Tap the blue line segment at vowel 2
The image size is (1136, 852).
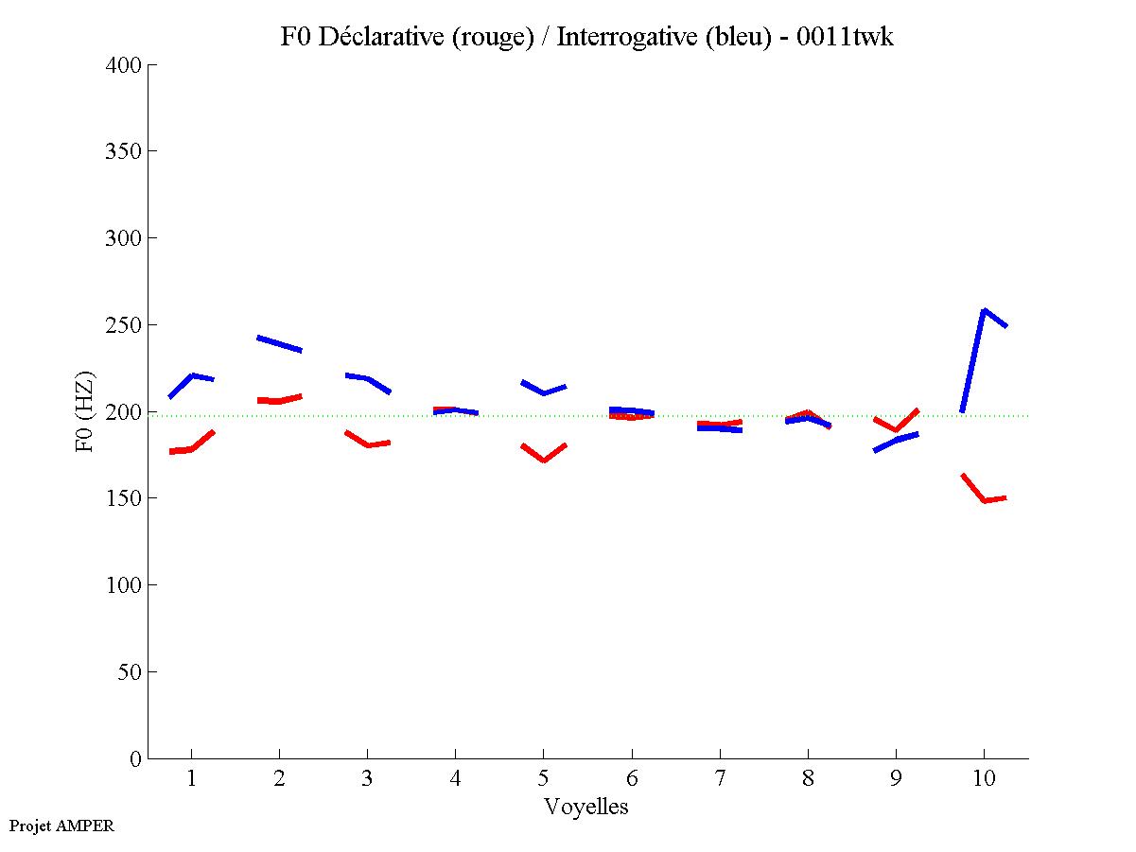(x=279, y=343)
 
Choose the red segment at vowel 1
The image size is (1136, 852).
(x=192, y=448)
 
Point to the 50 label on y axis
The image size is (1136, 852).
(x=128, y=672)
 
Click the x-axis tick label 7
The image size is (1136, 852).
(x=720, y=780)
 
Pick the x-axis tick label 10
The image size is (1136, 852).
(x=984, y=780)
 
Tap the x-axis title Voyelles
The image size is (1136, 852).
(x=586, y=807)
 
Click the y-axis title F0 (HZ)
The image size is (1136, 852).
(x=85, y=411)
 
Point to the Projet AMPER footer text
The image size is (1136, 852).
(x=61, y=826)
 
